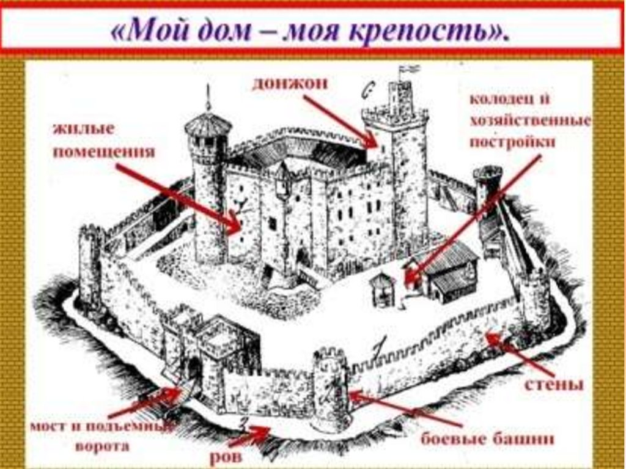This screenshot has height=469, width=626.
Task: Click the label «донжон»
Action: tap(290, 84)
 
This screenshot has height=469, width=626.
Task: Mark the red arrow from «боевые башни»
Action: tap(403, 410)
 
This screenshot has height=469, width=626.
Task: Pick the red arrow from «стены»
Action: tap(520, 355)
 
